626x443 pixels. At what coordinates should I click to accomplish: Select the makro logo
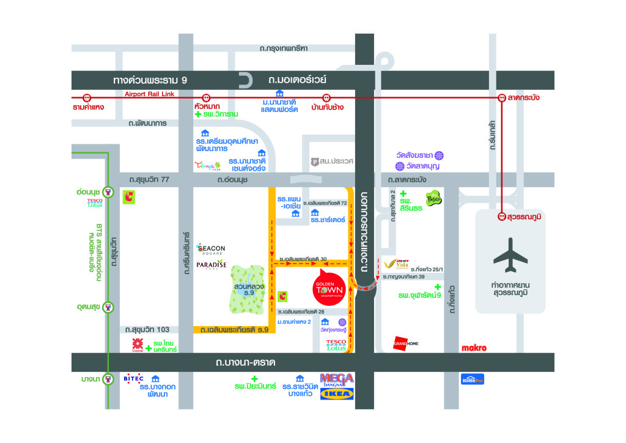click(474, 348)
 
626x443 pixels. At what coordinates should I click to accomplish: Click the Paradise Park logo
click(212, 264)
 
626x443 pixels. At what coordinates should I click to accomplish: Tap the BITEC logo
click(133, 378)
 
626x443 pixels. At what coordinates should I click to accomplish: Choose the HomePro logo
click(473, 379)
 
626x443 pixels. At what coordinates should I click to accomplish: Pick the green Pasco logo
click(433, 198)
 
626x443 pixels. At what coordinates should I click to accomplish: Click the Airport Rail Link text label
click(150, 94)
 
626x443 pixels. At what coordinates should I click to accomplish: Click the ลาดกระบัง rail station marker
click(502, 97)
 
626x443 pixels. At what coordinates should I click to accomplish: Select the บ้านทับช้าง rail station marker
click(327, 97)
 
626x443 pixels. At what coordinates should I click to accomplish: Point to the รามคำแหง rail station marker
click(87, 97)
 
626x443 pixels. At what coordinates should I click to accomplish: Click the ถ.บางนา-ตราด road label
click(245, 362)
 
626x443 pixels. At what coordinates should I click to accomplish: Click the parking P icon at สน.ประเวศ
click(315, 162)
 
